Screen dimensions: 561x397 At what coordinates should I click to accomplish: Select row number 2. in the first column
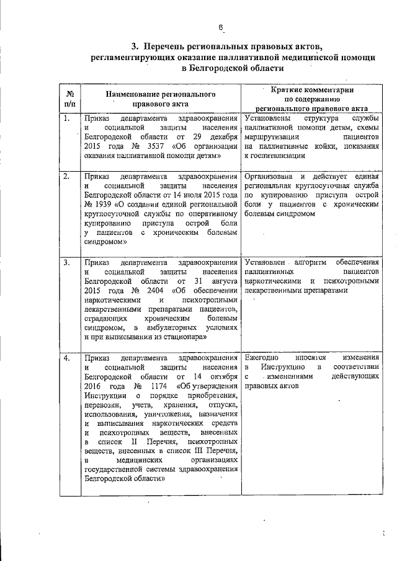(66, 177)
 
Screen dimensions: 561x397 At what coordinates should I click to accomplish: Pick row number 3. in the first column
(66, 262)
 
